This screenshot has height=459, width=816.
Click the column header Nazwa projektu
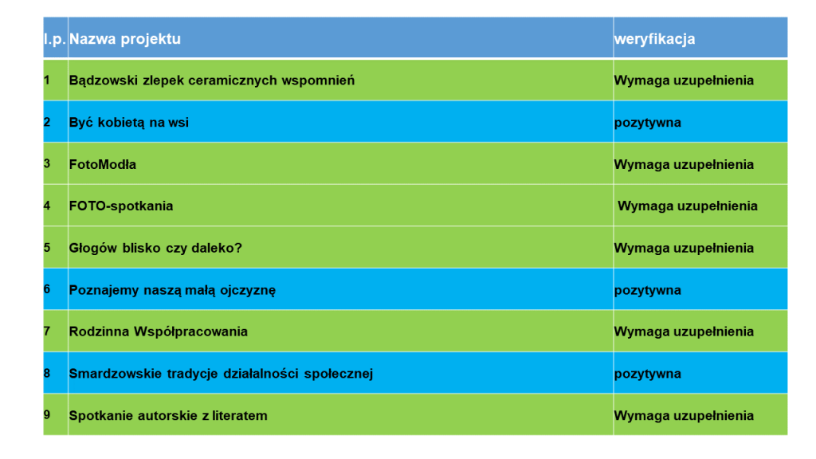click(x=125, y=39)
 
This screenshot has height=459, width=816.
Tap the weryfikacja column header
click(x=654, y=39)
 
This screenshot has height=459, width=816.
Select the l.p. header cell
click(x=54, y=39)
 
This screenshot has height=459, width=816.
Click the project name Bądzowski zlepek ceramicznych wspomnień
click(x=212, y=80)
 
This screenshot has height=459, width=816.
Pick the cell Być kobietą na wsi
click(x=129, y=123)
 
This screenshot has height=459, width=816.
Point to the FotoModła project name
click(x=103, y=164)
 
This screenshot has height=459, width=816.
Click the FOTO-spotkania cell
click(x=121, y=206)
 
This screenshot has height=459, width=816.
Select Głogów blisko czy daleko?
click(x=155, y=248)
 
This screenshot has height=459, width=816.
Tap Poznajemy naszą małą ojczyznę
click(x=172, y=290)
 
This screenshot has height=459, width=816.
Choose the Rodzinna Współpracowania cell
click(x=159, y=331)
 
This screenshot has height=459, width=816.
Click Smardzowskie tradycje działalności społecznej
click(x=221, y=374)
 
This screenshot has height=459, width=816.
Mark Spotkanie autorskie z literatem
click(x=168, y=416)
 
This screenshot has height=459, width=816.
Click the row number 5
click(x=47, y=248)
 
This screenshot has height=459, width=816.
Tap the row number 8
click(x=47, y=374)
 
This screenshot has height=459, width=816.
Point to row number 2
click(x=47, y=123)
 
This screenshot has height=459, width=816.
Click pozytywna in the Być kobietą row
click(x=647, y=123)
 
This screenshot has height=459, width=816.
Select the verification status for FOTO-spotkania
click(x=688, y=206)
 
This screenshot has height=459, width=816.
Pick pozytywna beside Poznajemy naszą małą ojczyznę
click(x=647, y=290)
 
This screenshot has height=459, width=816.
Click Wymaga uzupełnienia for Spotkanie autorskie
click(x=684, y=416)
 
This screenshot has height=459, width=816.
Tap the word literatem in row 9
click(x=238, y=416)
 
